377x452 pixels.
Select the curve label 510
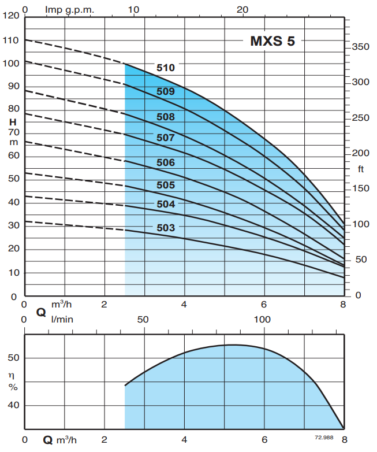[165, 68]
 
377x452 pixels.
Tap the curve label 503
[165, 228]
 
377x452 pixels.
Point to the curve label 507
[165, 138]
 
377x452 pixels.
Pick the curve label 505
[165, 186]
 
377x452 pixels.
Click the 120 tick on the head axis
[11, 16]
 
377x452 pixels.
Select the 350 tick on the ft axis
[360, 47]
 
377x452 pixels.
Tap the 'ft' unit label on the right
[360, 169]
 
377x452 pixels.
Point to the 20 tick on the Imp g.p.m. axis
[243, 10]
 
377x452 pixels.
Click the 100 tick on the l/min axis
[262, 320]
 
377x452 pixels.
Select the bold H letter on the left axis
[12, 121]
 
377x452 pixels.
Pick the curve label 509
[165, 91]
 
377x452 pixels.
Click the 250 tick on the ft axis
[360, 118]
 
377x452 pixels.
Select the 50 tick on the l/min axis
[143, 320]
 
